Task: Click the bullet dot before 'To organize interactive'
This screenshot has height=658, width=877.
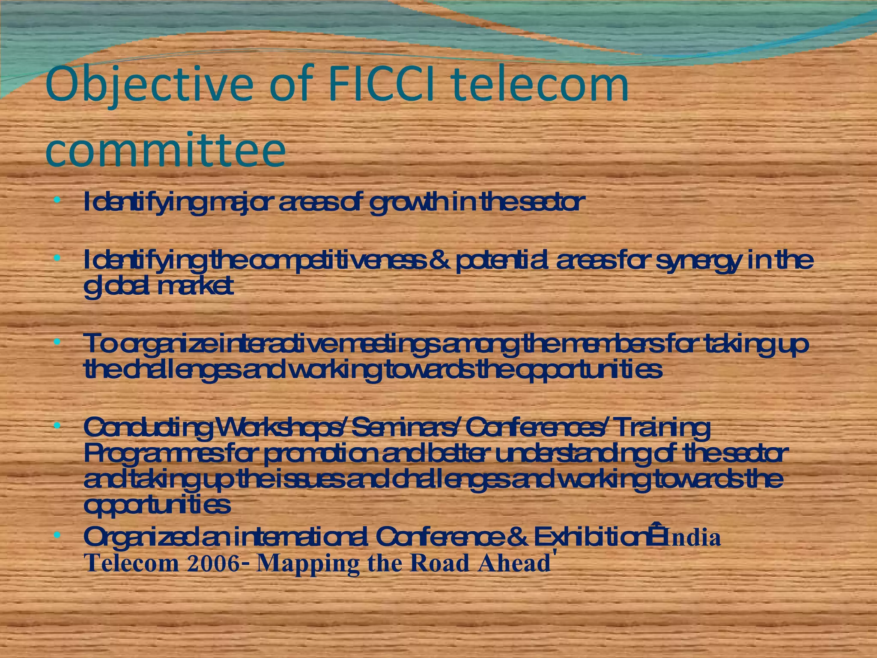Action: click(57, 342)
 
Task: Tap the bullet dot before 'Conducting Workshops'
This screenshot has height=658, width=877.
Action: click(57, 426)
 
